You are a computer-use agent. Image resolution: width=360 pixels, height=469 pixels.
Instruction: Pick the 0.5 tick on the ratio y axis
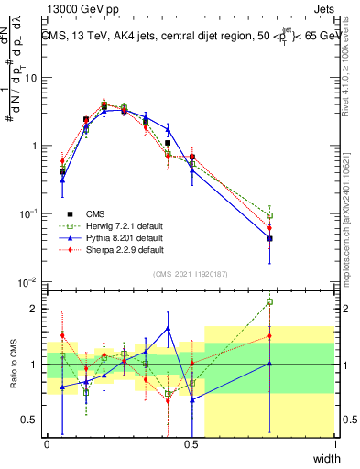30,420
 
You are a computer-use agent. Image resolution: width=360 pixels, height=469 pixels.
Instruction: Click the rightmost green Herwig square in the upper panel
269,215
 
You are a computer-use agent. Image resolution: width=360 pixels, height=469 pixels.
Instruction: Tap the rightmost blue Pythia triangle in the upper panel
269,238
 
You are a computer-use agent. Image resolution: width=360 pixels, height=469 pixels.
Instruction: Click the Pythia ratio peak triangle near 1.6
169,328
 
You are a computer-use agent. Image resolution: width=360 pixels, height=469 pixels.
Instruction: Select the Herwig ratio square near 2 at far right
269,301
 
